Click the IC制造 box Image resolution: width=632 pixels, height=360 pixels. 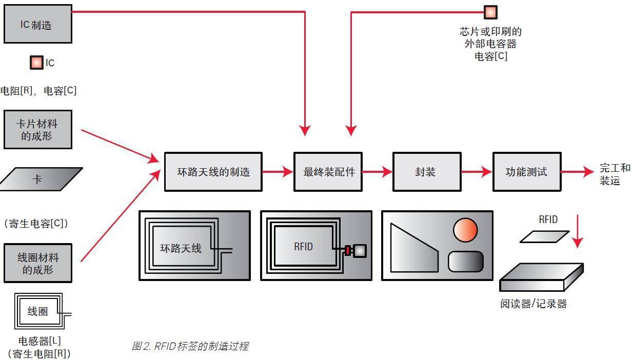tap(37, 24)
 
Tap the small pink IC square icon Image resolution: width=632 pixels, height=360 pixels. tap(36, 63)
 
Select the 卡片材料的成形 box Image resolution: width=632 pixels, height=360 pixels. tap(37, 129)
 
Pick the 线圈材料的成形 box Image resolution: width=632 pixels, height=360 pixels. tap(37, 263)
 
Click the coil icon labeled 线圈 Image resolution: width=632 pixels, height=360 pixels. tap(38, 311)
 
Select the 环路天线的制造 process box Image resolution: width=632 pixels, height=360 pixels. tap(213, 172)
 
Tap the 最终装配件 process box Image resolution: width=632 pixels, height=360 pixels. tap(328, 172)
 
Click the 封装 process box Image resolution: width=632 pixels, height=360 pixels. tap(426, 172)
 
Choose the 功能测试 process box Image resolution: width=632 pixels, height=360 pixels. tap(526, 172)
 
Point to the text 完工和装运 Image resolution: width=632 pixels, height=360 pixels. tap(614, 174)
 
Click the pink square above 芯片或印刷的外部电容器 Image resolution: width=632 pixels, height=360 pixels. tap(490, 12)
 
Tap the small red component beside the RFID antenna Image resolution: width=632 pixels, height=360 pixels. tap(347, 251)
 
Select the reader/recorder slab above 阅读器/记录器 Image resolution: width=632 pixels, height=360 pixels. tap(541, 277)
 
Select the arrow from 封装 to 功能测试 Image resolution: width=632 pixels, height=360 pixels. tap(476, 172)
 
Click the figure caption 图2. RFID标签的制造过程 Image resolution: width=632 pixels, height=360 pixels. tap(190, 346)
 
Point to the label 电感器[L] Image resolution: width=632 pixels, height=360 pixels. tap(39, 341)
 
